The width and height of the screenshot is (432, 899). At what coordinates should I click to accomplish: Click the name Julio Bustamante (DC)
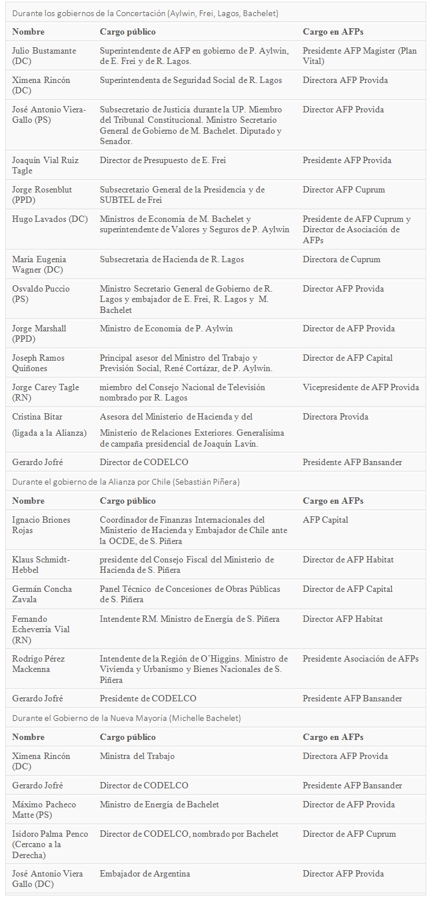pyautogui.click(x=44, y=56)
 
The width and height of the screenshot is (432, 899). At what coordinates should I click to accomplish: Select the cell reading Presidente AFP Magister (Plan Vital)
pyautogui.click(x=359, y=56)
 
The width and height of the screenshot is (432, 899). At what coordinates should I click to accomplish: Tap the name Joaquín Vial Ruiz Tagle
pyautogui.click(x=46, y=165)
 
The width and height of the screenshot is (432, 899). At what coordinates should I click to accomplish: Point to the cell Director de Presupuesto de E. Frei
pyautogui.click(x=163, y=160)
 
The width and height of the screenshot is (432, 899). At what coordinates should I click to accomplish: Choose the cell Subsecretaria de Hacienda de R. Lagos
pyautogui.click(x=172, y=259)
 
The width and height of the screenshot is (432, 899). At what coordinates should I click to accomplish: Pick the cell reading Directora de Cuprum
pyautogui.click(x=341, y=259)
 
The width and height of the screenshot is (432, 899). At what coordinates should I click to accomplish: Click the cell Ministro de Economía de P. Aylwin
pyautogui.click(x=166, y=328)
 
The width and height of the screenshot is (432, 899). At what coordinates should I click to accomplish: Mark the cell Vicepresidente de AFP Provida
pyautogui.click(x=360, y=387)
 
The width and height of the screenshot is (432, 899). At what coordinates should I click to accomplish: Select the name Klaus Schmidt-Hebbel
pyautogui.click(x=41, y=565)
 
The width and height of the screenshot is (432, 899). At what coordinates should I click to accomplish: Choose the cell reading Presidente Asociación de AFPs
pyautogui.click(x=360, y=659)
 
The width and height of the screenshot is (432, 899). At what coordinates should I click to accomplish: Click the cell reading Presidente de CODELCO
pyautogui.click(x=148, y=698)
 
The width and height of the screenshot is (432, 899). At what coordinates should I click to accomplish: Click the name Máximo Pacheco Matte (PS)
pyautogui.click(x=44, y=810)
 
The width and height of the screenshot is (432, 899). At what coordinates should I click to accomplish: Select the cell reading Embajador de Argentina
pyautogui.click(x=145, y=874)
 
